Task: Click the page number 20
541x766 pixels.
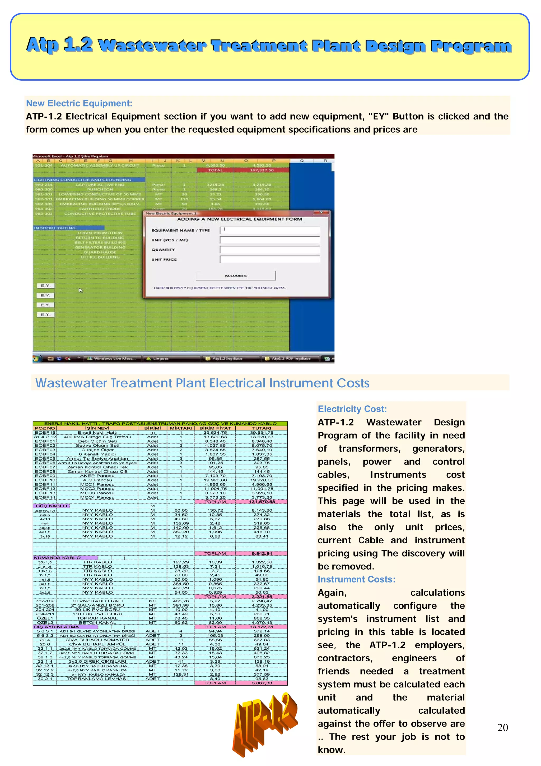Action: click(502, 728)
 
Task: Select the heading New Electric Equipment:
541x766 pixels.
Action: click(79, 103)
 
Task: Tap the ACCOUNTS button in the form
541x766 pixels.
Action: click(236, 276)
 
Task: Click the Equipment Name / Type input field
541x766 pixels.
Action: click(270, 230)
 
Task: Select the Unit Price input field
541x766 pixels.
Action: click(270, 259)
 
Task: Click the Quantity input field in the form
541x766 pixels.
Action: click(270, 250)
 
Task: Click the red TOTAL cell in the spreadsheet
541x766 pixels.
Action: click(215, 170)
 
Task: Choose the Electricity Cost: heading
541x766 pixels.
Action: click(352, 409)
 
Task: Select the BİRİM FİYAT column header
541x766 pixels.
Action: click(215, 428)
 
